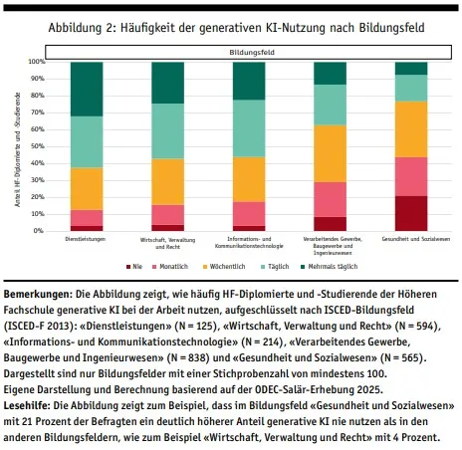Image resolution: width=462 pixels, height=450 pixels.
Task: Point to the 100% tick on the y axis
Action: point(36,62)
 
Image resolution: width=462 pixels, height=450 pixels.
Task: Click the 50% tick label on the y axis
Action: point(36,146)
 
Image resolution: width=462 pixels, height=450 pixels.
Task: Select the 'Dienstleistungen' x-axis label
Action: point(87,239)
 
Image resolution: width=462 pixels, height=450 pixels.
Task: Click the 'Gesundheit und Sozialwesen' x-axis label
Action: point(410,239)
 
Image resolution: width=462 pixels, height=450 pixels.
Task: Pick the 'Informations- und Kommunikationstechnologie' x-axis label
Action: point(249,242)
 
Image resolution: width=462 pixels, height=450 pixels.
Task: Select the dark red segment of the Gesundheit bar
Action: point(410,213)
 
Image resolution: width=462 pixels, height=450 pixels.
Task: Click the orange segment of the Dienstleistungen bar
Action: point(87,188)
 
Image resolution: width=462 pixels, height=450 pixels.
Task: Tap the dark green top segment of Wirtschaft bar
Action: point(167,82)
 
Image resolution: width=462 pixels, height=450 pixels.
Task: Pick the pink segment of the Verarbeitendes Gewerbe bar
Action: point(330,199)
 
